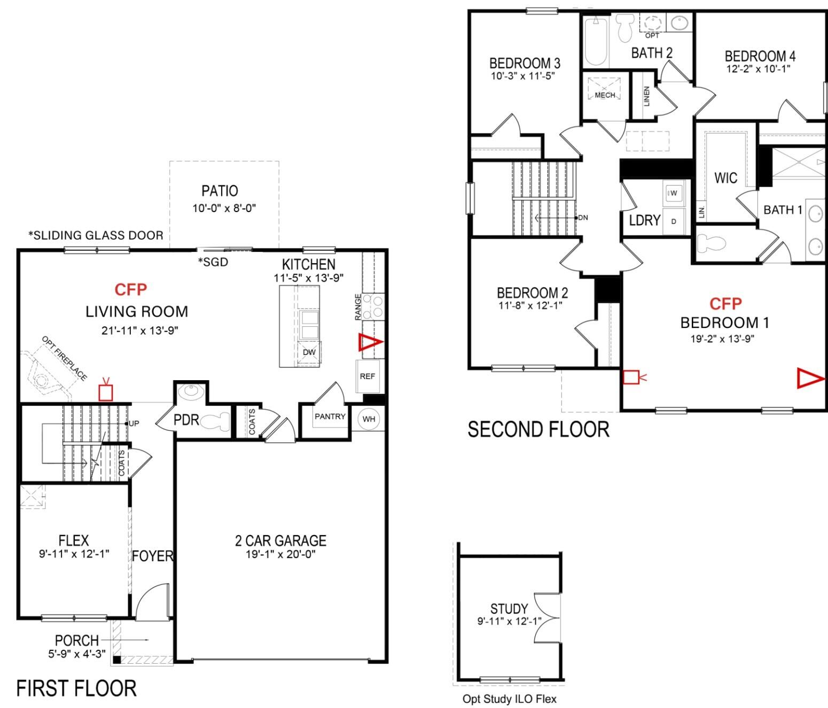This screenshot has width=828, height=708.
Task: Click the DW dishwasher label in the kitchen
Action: [x=309, y=352]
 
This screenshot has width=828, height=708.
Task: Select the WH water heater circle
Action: [x=369, y=419]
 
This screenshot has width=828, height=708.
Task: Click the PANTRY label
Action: [x=330, y=416]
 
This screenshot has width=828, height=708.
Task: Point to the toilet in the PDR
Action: [x=215, y=421]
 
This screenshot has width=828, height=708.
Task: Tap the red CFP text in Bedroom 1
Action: [x=725, y=304]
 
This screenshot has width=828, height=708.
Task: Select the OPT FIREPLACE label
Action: [x=64, y=358]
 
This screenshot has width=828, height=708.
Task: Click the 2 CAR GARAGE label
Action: [x=280, y=540]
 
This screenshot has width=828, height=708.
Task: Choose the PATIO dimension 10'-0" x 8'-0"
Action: [x=224, y=208]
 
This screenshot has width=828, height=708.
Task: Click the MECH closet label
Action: [x=605, y=95]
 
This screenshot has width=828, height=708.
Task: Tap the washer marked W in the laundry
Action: [x=674, y=193]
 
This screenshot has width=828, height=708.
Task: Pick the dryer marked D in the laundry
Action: [x=674, y=221]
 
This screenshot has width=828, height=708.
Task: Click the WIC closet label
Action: [x=725, y=178]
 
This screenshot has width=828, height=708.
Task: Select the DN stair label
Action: [x=583, y=218]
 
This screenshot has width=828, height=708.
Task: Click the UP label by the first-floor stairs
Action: [x=134, y=423]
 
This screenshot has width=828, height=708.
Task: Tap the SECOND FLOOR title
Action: [x=538, y=430]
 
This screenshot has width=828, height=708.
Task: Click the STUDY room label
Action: [x=509, y=609]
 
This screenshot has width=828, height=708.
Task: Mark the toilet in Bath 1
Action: [x=712, y=242]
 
